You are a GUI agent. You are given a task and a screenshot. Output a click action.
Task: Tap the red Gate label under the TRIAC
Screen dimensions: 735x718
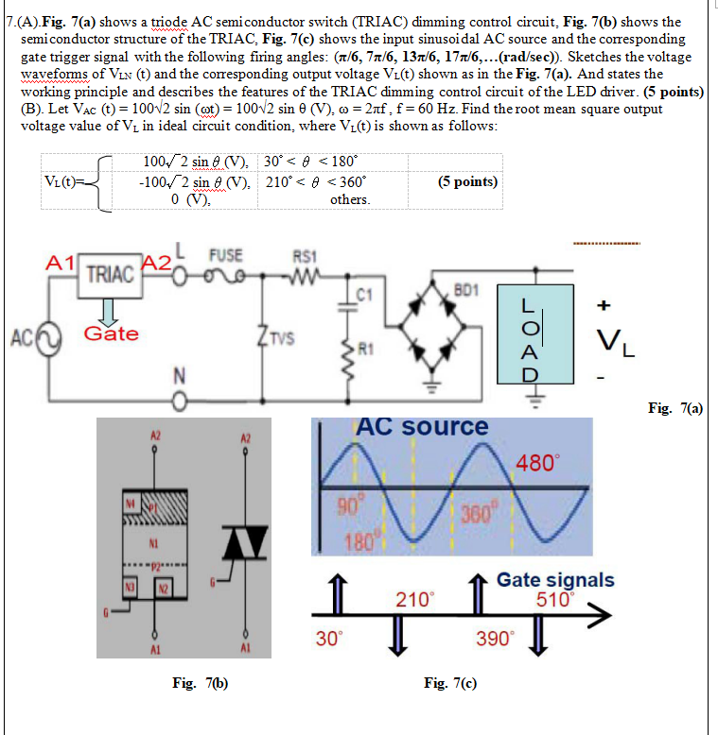[111, 333]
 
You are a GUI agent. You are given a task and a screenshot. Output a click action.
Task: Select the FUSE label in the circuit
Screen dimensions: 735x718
[227, 254]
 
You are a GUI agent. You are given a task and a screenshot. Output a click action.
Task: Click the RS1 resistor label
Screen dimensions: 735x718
[304, 254]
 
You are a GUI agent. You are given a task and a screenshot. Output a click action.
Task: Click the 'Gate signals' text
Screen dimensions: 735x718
[554, 580]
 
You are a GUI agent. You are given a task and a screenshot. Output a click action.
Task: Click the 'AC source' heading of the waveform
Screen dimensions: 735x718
[422, 427]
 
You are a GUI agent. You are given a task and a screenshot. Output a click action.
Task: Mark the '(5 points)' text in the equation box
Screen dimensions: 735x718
[469, 180]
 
